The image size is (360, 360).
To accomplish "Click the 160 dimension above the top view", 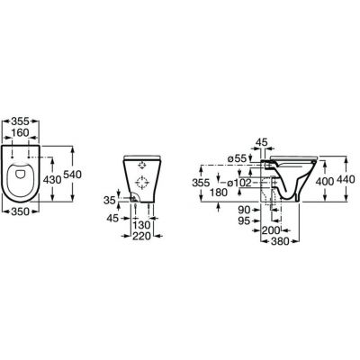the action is point(21,132).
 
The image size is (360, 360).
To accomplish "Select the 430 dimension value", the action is point(52,180).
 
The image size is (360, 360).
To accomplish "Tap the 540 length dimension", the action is point(72,175).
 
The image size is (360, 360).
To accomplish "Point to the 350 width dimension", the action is point(21,211).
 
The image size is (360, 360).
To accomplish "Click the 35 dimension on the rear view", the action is point(110,200).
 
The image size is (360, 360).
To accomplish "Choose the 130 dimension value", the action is point(141,225).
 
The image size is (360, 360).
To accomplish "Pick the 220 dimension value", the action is point(141,236).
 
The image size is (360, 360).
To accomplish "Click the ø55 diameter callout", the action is point(237,158).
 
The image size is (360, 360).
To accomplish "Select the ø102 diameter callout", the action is point(239,183).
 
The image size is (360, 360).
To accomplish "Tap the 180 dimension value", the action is point(219,193).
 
